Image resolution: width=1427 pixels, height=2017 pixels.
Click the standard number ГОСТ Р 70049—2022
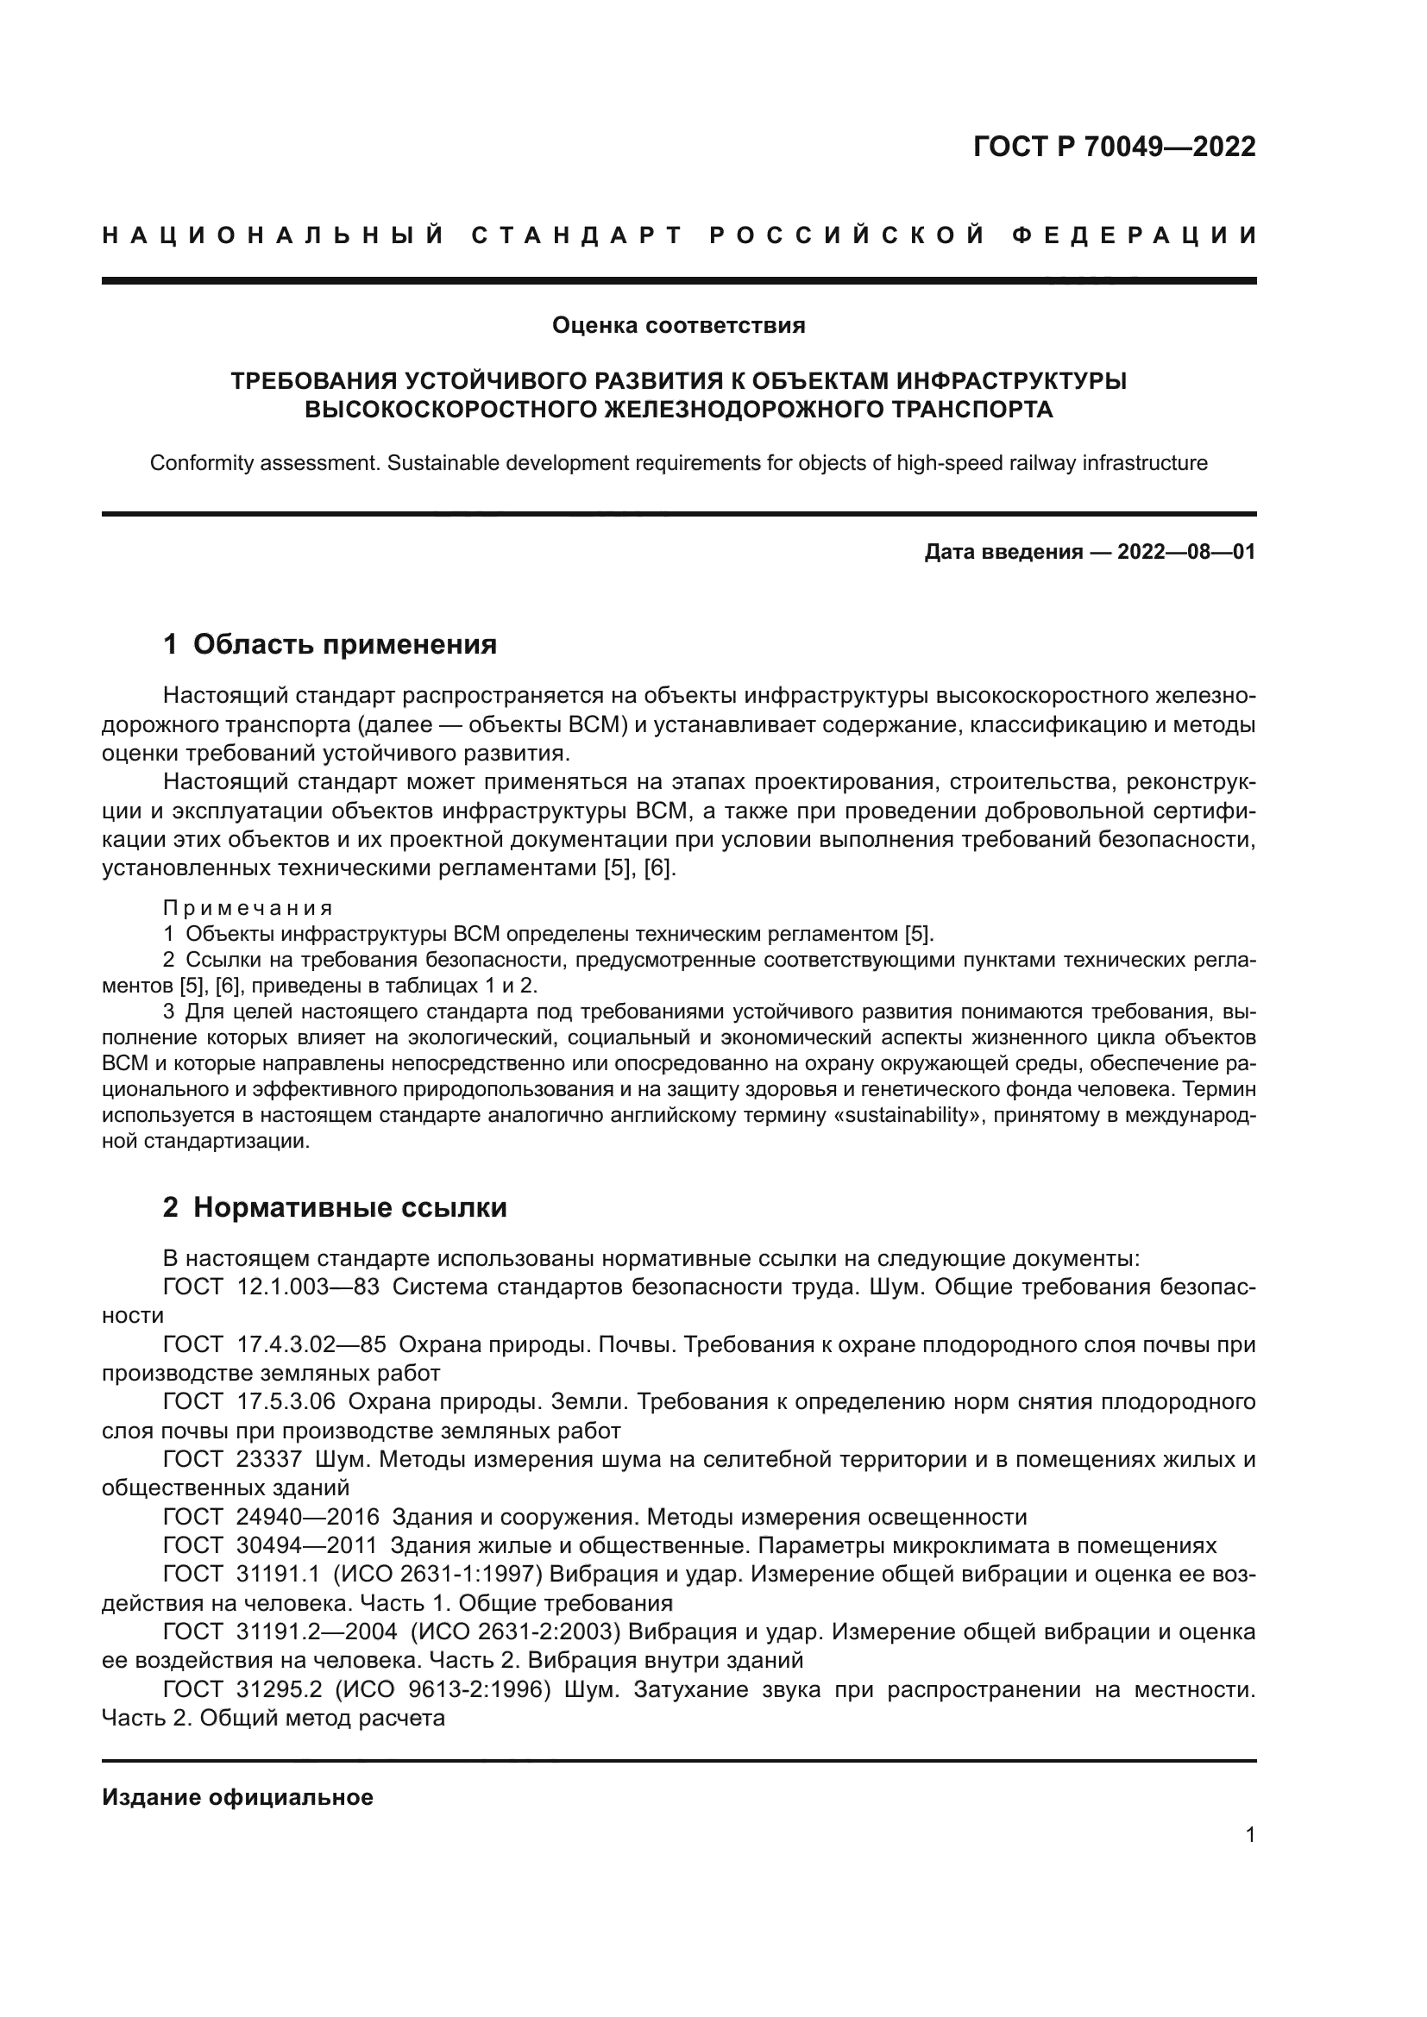pyautogui.click(x=1114, y=147)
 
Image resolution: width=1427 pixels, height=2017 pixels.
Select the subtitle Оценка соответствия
pyautogui.click(x=678, y=326)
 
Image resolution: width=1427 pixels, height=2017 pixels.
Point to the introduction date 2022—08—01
pyautogui.click(x=1185, y=552)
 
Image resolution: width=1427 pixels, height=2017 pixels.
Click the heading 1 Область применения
pyautogui.click(x=330, y=644)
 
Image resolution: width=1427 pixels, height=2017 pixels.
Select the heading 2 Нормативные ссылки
pyautogui.click(x=335, y=1207)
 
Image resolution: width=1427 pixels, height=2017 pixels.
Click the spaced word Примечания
pyautogui.click(x=248, y=907)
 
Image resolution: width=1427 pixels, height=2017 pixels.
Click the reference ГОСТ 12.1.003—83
pyautogui.click(x=272, y=1287)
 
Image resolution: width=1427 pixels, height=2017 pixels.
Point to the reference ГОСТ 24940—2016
pyautogui.click(x=271, y=1516)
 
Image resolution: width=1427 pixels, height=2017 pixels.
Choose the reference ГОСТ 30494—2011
pyautogui.click(x=270, y=1545)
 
